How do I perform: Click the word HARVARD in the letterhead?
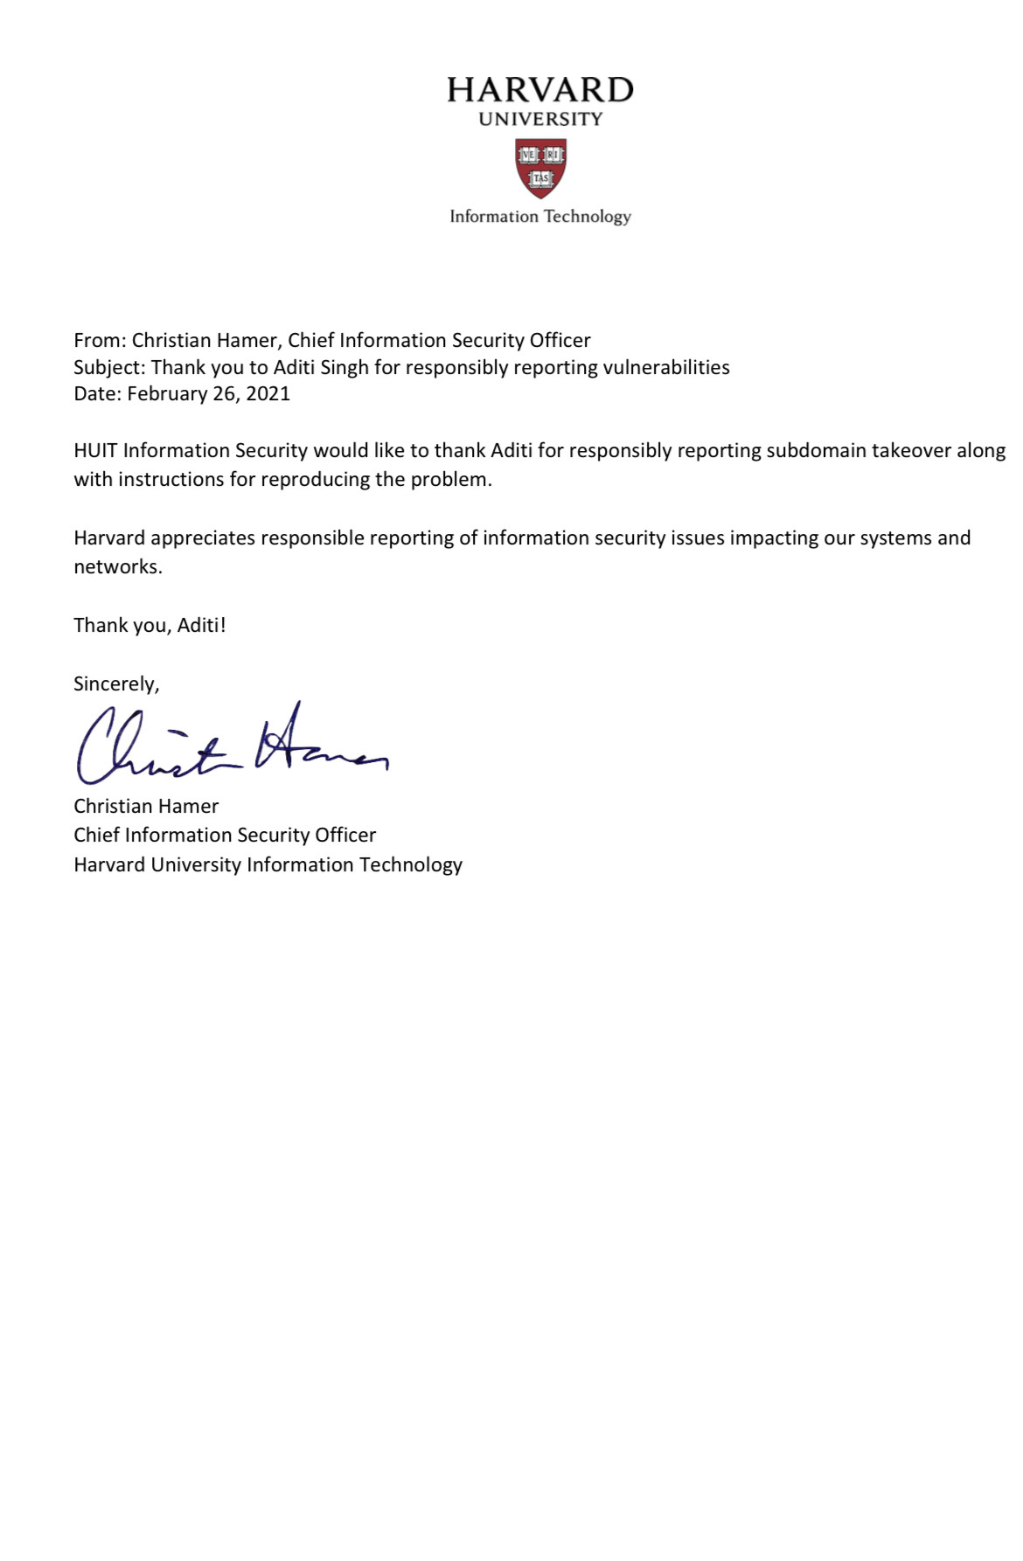pos(539,90)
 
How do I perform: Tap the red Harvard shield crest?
pos(540,168)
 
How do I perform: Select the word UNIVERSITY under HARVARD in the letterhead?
pos(540,119)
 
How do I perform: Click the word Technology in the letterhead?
pos(587,217)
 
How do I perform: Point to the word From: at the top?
pos(100,340)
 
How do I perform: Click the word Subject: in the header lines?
pos(109,367)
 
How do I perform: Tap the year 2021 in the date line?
pos(268,393)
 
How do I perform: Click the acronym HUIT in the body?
pos(95,451)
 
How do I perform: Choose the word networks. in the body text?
pos(118,567)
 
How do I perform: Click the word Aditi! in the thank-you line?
pos(201,626)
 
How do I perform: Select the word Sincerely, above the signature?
pos(116,684)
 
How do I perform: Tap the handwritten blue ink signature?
pos(232,746)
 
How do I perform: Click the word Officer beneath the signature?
pos(345,836)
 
